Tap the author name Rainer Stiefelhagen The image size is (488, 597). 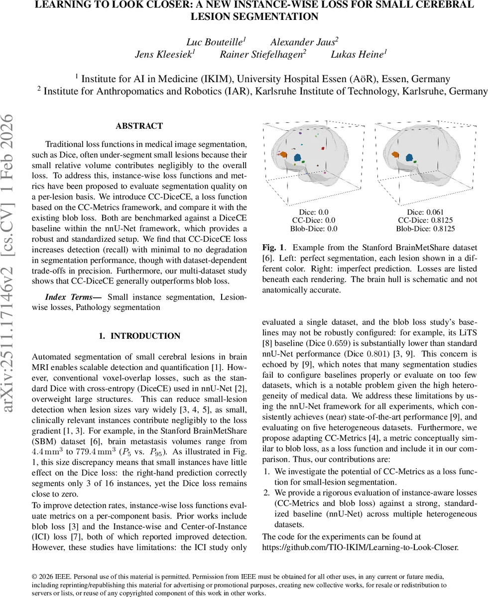tap(262, 54)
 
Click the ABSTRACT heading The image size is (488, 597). tap(139, 126)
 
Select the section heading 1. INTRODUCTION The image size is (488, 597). tap(139, 336)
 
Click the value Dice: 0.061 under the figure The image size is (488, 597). tap(425, 211)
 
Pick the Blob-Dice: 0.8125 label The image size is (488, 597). tap(425, 229)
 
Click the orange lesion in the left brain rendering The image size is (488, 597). tap(283, 155)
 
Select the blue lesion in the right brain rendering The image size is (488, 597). tap(410, 158)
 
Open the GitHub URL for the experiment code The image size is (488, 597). tap(360, 546)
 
